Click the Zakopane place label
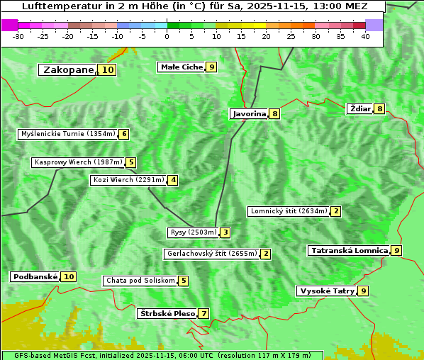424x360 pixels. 68,69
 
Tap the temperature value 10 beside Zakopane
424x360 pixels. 107,69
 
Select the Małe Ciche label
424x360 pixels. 182,67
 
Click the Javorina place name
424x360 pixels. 249,113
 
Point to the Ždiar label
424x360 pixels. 360,108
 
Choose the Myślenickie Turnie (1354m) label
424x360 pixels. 67,134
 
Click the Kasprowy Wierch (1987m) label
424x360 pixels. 78,162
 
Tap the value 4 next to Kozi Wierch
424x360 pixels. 172,180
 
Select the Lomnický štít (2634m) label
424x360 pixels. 289,211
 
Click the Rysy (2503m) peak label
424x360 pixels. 192,232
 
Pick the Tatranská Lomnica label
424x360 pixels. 349,250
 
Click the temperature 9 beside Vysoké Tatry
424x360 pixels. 363,291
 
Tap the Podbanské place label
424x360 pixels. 34,276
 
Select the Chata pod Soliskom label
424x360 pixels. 139,281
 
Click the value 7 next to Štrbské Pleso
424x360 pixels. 203,313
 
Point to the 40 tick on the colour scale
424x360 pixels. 365,37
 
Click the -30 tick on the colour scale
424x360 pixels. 18,37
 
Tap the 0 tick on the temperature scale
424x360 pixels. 167,37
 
